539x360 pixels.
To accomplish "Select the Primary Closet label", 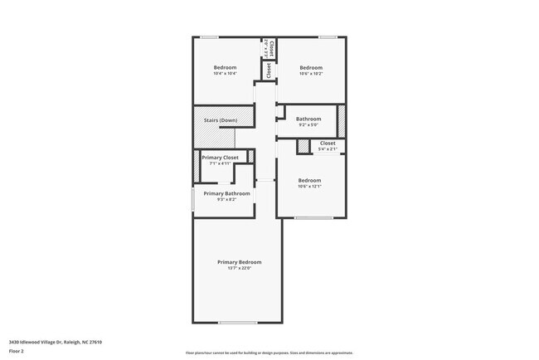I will click(220, 158).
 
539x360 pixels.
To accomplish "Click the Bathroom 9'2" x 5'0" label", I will click(308, 119).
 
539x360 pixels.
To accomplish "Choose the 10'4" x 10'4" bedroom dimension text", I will click(225, 74).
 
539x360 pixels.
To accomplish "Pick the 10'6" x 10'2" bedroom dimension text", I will click(310, 74).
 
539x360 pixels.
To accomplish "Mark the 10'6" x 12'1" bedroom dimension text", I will click(309, 187).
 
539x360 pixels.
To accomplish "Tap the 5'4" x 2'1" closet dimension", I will click(328, 149).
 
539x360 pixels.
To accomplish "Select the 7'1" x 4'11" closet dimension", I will click(220, 163).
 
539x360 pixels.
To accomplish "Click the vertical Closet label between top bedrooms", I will click(269, 70).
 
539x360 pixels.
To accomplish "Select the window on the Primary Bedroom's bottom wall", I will click(237, 323).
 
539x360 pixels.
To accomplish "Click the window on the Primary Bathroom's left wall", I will click(193, 199).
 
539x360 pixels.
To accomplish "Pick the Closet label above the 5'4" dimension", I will click(328, 143).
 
